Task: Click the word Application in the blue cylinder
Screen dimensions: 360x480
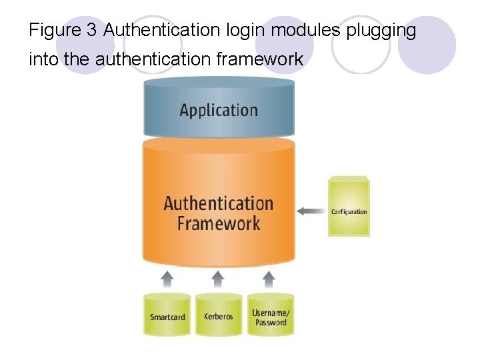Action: click(219, 110)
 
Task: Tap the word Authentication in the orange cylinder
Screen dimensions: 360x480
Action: click(219, 203)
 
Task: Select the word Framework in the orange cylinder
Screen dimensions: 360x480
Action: click(219, 223)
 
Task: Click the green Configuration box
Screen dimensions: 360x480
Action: click(349, 208)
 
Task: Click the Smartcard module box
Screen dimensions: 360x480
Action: click(167, 315)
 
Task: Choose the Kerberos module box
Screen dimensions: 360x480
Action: click(219, 315)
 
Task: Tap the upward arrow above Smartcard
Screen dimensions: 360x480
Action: click(168, 277)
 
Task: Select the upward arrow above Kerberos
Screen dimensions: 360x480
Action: click(218, 277)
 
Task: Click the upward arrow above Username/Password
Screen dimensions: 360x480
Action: click(269, 277)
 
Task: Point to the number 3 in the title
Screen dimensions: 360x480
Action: click(92, 31)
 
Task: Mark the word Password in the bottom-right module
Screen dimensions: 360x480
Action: click(271, 323)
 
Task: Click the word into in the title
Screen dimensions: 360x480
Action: click(44, 60)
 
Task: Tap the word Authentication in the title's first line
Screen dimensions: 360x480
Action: click(161, 31)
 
